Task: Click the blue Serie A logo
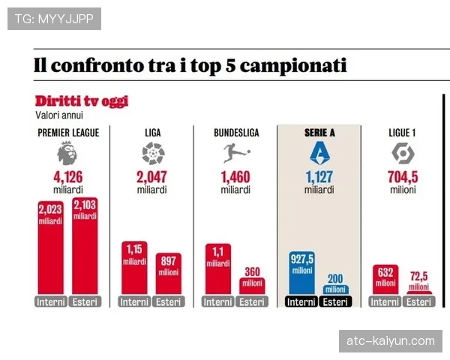coord(319,154)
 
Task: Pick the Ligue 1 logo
coord(403,154)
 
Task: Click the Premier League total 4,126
coord(67,177)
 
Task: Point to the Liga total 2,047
coord(152,177)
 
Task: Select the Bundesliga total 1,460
coord(235,177)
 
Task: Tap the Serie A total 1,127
coord(319,177)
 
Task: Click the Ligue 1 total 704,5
coord(403,177)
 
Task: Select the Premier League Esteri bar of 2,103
coord(85,247)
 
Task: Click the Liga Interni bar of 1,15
coord(134,269)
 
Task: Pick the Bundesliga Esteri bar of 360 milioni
coord(253,286)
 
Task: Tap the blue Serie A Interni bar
coord(302,273)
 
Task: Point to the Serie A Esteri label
coord(336,302)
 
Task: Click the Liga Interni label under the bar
coord(134,302)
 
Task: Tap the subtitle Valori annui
coord(59,115)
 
